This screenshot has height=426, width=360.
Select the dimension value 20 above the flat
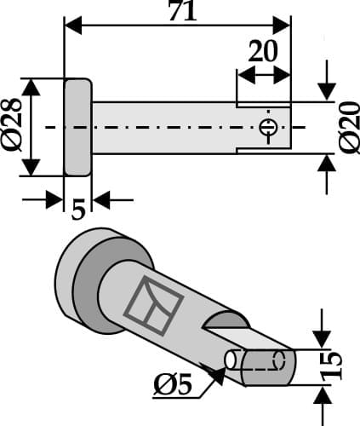[x=263, y=51]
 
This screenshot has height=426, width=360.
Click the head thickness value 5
[x=78, y=209]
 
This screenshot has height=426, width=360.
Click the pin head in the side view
[x=78, y=127]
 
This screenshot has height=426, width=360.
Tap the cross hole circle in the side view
[x=268, y=128]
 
